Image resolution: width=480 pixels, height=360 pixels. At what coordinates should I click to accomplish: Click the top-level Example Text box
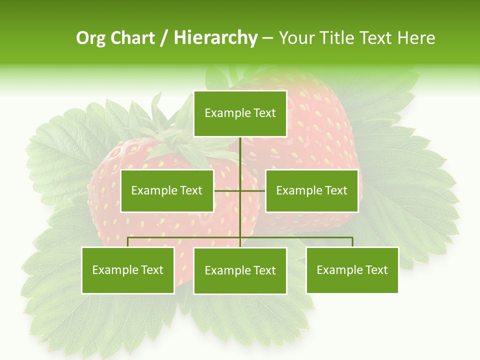(240, 113)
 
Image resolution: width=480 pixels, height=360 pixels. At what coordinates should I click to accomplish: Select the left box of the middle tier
(167, 190)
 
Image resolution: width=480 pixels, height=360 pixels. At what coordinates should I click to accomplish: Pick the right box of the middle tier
(311, 190)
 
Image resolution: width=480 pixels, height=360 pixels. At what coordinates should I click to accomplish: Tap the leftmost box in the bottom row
(128, 270)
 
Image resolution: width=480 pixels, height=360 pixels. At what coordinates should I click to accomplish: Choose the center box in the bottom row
(240, 270)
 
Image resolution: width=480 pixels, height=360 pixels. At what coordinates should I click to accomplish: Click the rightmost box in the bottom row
(352, 270)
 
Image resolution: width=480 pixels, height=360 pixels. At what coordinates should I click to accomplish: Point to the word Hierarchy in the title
(215, 38)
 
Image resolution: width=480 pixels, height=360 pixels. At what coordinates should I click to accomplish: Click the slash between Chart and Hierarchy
(164, 38)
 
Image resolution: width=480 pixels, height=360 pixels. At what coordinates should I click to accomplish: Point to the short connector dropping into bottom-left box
(128, 242)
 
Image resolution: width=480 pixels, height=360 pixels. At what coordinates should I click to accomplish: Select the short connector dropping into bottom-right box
(352, 242)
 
